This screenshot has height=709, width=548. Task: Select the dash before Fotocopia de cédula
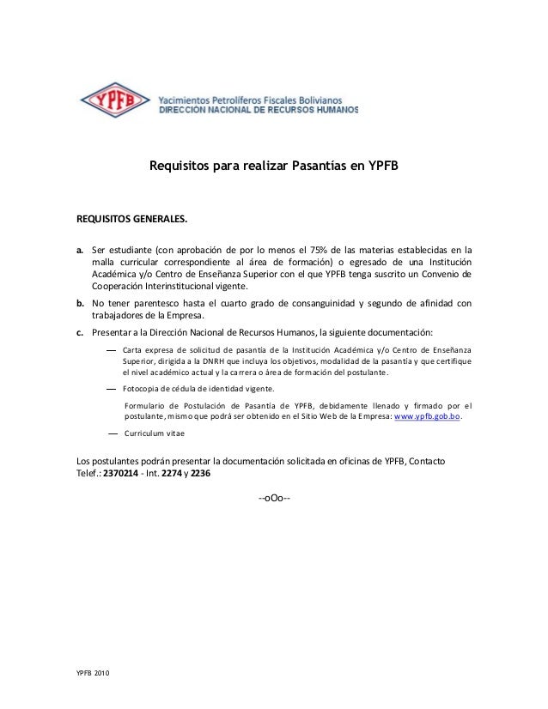click(x=112, y=389)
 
